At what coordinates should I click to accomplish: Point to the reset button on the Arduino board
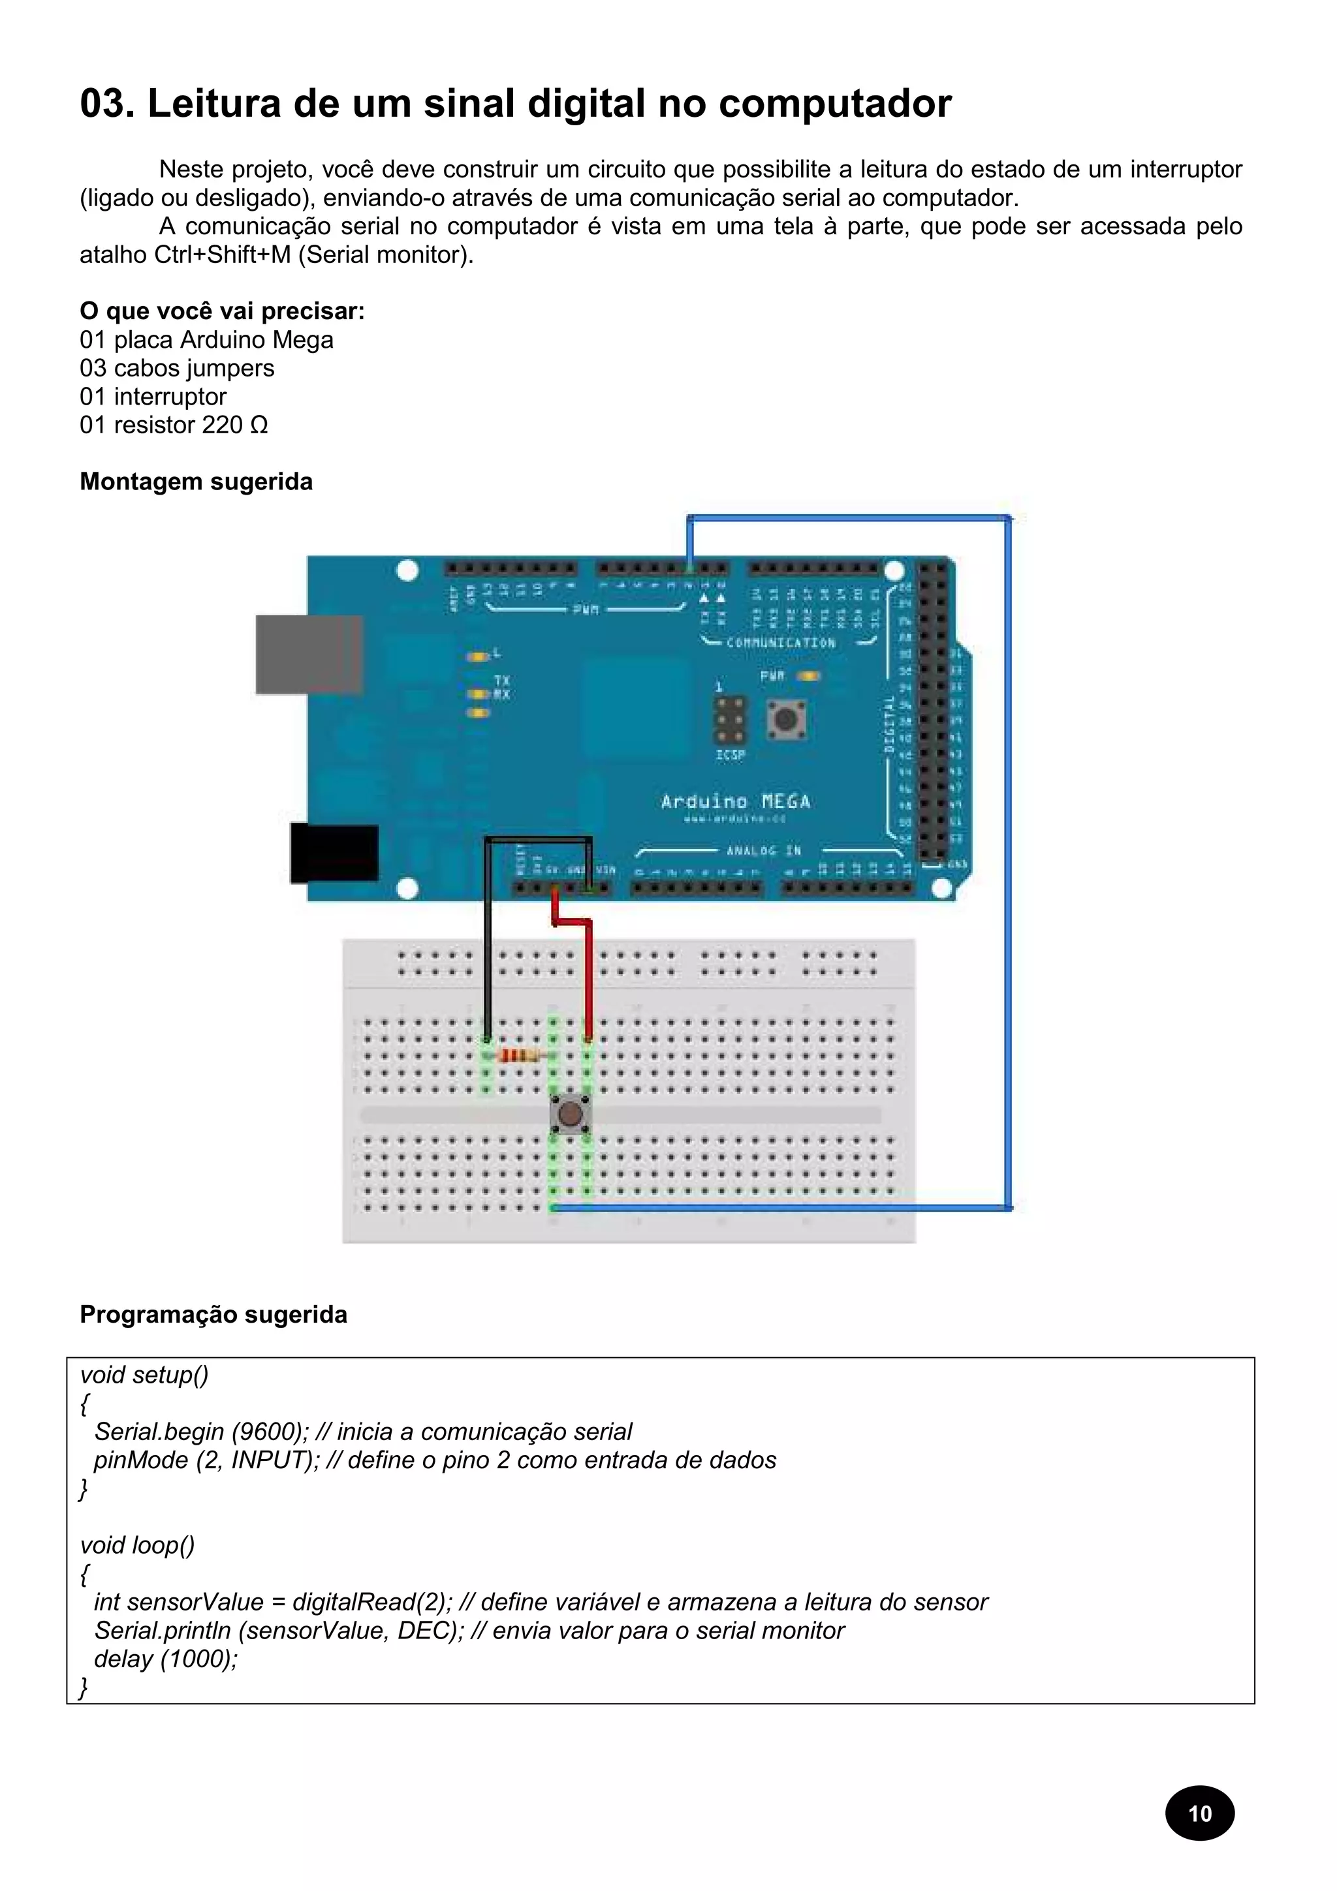pos(786,718)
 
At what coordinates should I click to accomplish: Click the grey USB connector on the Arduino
pos(309,654)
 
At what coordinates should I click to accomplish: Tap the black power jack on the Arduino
pos(334,852)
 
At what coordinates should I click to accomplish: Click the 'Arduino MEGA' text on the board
pos(735,801)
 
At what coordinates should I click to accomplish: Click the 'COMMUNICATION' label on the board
pos(780,643)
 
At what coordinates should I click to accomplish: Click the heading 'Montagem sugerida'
pos(196,482)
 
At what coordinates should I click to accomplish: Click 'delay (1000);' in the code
pos(166,1659)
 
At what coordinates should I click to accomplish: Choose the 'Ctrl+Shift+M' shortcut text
pos(223,254)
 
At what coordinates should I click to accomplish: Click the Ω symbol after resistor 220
pos(259,425)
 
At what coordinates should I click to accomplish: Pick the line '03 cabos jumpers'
pos(176,368)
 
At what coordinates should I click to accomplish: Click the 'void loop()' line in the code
pos(138,1545)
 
